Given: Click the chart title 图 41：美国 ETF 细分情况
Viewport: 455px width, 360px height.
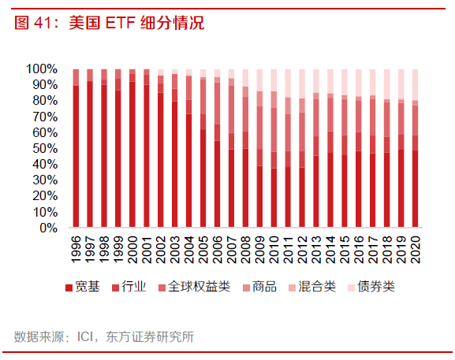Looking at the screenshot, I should pyautogui.click(x=109, y=23).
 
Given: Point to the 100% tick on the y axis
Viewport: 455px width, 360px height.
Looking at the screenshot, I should pyautogui.click(x=47, y=69).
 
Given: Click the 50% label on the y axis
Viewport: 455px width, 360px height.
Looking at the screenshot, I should pyautogui.click(x=50, y=148).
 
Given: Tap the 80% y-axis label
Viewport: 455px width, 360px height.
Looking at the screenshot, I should pyautogui.click(x=50, y=100).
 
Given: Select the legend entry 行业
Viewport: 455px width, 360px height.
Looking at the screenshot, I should pyautogui.click(x=133, y=287).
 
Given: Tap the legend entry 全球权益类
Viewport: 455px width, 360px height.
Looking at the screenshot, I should pyautogui.click(x=197, y=287).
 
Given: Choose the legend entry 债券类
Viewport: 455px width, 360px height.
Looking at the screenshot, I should pyautogui.click(x=375, y=287).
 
